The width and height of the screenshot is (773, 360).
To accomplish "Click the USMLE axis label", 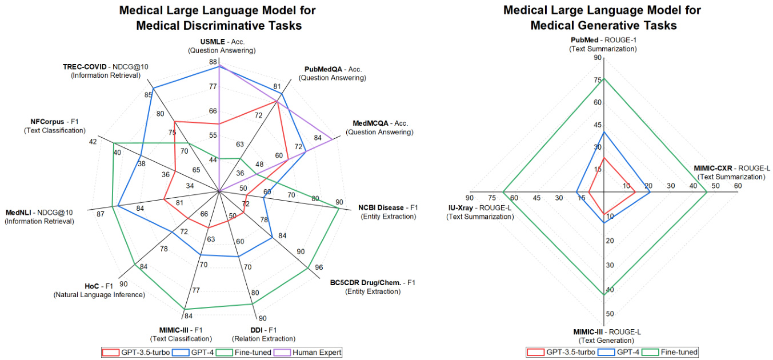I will (221, 42).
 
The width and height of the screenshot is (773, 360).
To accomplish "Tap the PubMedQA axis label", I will (333, 69).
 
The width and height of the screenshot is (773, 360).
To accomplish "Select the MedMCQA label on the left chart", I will (380, 123).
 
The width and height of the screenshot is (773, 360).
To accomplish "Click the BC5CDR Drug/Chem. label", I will (373, 282).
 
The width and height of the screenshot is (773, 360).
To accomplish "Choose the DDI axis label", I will (263, 330).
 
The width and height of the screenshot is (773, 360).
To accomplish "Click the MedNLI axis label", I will (39, 213).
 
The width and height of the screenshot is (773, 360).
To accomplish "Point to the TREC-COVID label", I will (106, 66).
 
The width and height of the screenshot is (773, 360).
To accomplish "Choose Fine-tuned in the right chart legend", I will (679, 352).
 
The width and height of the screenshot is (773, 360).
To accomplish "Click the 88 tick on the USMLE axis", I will (213, 62).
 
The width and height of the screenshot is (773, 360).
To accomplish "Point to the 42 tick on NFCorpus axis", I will (93, 142).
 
